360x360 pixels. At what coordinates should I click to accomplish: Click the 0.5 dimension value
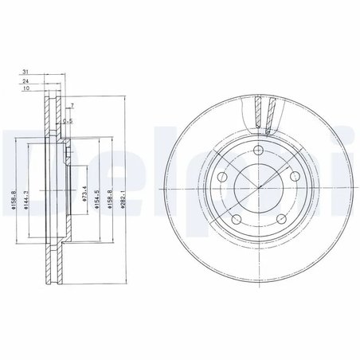(x=69, y=121)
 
